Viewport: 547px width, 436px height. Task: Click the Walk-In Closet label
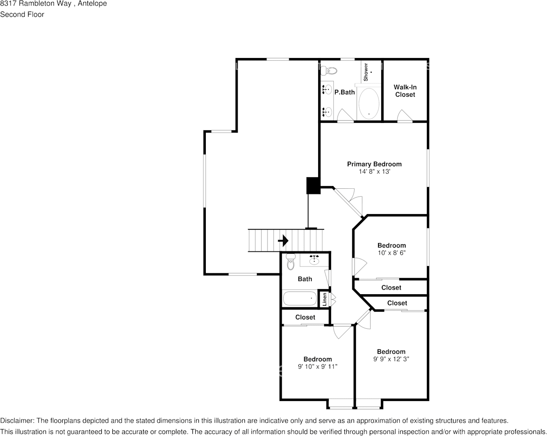(x=405, y=91)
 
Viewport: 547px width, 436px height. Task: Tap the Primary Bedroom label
(x=374, y=164)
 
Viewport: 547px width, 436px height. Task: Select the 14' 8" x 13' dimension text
(x=374, y=172)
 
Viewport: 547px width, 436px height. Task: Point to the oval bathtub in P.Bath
(x=368, y=103)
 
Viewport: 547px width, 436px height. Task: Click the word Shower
(x=366, y=72)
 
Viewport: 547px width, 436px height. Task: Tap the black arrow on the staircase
(x=283, y=240)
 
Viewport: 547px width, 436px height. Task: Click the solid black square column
(x=313, y=186)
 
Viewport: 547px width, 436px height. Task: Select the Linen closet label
(x=325, y=299)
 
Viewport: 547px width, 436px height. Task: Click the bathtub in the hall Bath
(x=300, y=298)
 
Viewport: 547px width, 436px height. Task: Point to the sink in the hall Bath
(x=315, y=260)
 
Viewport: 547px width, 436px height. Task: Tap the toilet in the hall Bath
(x=291, y=262)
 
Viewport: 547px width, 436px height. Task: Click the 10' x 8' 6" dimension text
(x=392, y=253)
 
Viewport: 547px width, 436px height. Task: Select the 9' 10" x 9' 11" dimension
(x=317, y=366)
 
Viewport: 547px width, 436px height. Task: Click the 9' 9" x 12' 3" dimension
(x=391, y=359)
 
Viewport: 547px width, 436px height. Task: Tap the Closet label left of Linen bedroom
(x=305, y=317)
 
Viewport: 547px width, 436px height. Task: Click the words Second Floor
(x=22, y=14)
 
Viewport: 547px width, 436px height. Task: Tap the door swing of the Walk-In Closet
(x=405, y=116)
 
